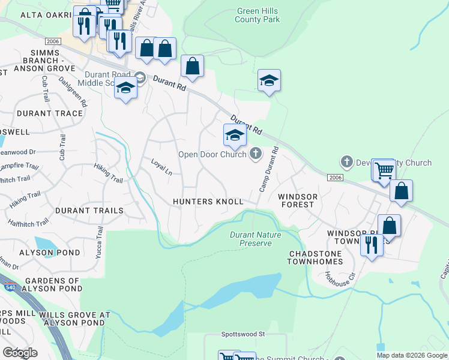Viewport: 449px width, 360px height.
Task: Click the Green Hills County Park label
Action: (258, 16)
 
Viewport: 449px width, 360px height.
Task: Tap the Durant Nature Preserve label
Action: (256, 239)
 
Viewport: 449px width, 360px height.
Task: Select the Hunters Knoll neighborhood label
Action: (208, 202)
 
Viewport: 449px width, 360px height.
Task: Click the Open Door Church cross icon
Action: (256, 154)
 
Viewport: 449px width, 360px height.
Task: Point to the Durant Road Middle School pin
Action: (125, 89)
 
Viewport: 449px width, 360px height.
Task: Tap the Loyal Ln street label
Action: (161, 167)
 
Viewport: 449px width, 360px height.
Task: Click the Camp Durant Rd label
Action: (269, 169)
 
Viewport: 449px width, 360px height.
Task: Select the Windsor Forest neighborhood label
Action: (296, 200)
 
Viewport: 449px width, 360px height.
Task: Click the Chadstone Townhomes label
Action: (315, 258)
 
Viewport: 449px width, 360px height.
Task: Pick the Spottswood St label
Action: (243, 334)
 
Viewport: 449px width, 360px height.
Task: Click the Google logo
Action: (20, 353)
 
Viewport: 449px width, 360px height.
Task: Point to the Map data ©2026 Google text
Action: (412, 355)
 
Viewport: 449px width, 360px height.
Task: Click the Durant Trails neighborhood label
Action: (89, 211)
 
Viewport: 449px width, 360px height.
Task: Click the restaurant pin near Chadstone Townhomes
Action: (372, 245)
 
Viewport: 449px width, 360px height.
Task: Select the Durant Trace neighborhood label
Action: (50, 113)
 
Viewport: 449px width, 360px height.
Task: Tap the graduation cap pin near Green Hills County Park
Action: (270, 81)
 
